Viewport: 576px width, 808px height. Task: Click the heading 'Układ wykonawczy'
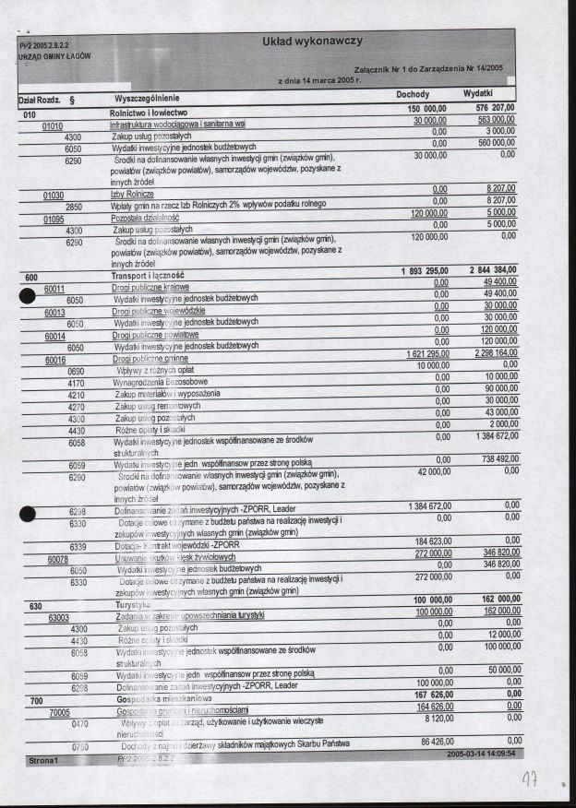coord(312,42)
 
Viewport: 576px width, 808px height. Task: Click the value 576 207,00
coord(494,108)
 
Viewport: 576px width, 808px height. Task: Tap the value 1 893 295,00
coord(424,270)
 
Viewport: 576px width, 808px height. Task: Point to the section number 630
coord(35,606)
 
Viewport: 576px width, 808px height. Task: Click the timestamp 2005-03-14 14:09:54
coord(480,754)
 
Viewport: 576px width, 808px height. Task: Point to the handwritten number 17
coord(530,780)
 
